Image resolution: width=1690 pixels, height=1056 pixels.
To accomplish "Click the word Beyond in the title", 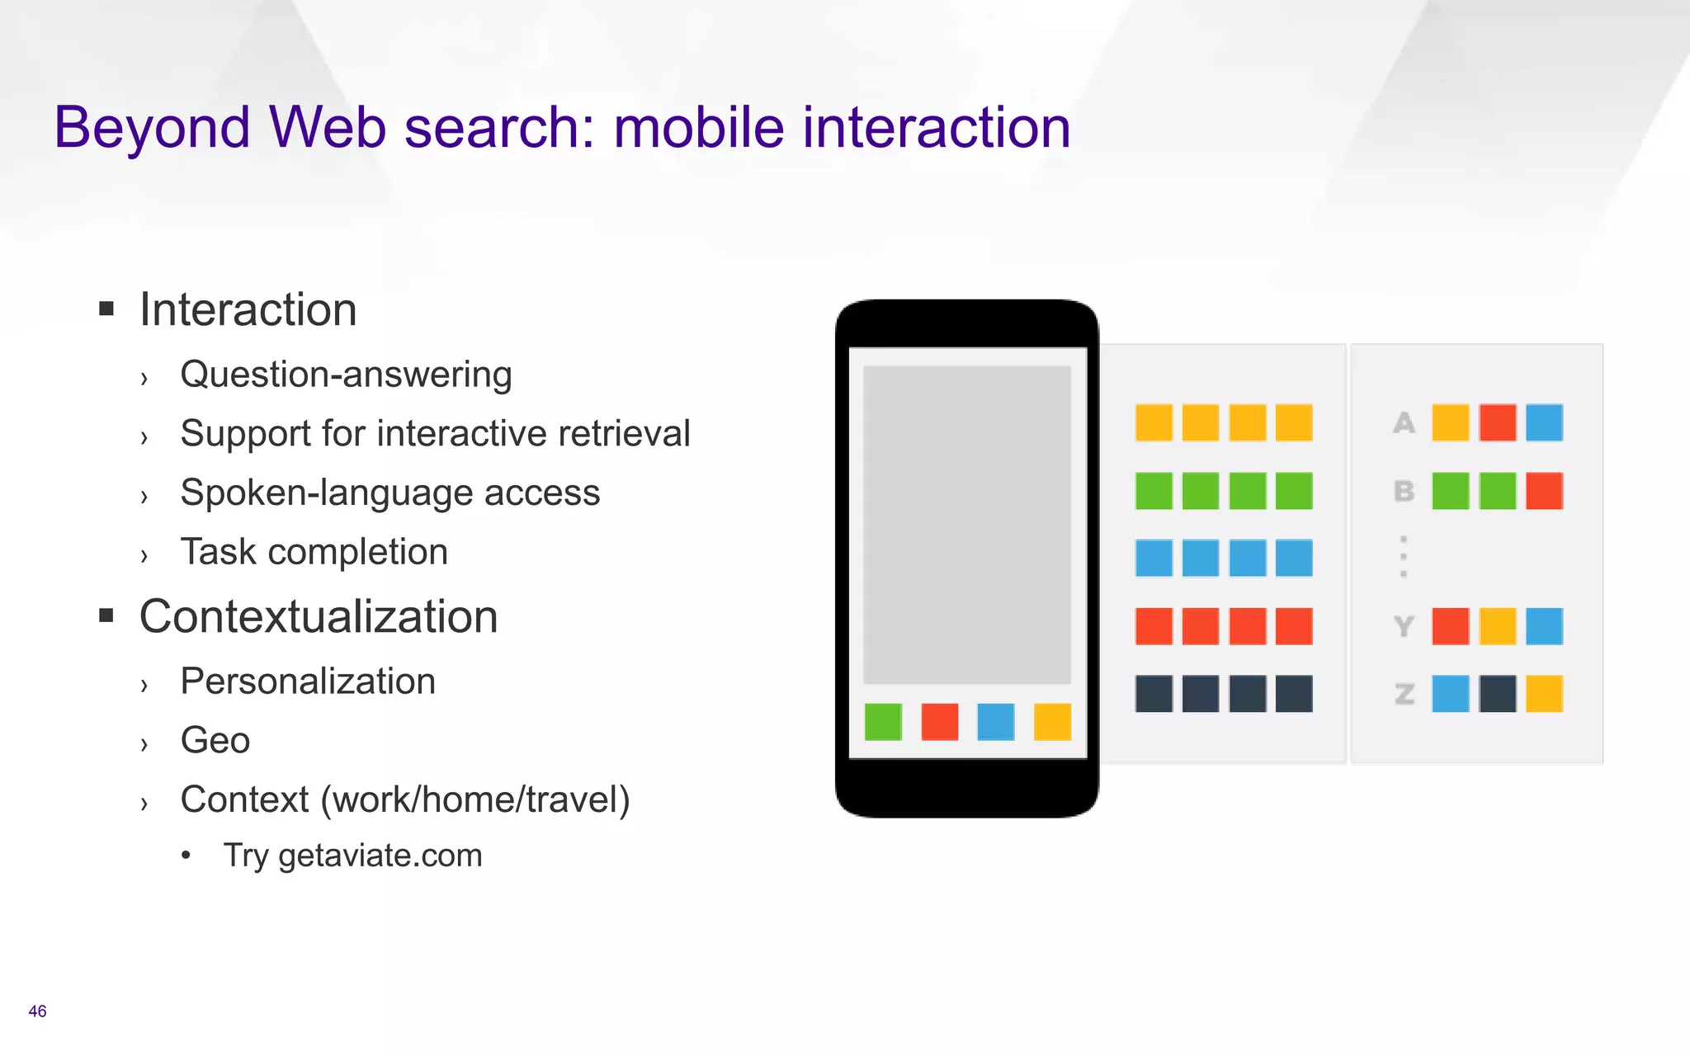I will [152, 128].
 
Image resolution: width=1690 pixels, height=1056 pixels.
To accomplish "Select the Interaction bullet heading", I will [248, 310].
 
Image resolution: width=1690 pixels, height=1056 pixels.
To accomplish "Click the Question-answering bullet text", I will [346, 375].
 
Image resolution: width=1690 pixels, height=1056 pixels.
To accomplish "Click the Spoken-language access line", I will [389, 493].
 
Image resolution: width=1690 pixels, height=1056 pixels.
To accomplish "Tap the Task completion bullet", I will [314, 552].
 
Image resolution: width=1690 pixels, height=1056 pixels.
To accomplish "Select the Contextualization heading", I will [319, 617].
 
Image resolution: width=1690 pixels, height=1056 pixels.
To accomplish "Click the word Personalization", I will [308, 682].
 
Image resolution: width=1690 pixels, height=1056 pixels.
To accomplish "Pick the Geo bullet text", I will [215, 741].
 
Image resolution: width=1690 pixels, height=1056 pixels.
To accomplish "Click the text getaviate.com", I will [380, 856].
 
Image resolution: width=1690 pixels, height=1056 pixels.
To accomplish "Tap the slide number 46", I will [37, 1011].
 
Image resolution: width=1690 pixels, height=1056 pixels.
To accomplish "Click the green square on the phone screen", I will [883, 722].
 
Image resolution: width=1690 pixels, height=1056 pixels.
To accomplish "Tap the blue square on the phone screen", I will [996, 722].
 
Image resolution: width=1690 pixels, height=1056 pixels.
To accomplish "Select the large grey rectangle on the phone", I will [966, 525].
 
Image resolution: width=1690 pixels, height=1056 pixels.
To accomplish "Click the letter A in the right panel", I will [1404, 423].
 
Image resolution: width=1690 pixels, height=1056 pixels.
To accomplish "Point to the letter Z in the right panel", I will [1404, 695].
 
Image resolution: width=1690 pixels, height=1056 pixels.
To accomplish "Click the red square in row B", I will [1544, 491].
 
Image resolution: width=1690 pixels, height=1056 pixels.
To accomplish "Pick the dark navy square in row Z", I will [1497, 694].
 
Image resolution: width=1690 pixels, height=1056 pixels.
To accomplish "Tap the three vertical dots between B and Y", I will [1403, 556].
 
